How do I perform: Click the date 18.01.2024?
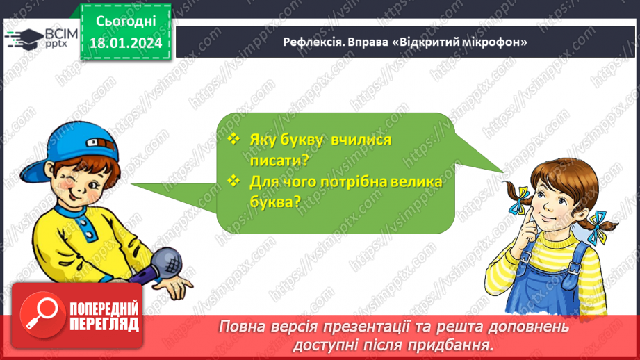(125, 43)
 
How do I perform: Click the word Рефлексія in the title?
(311, 42)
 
